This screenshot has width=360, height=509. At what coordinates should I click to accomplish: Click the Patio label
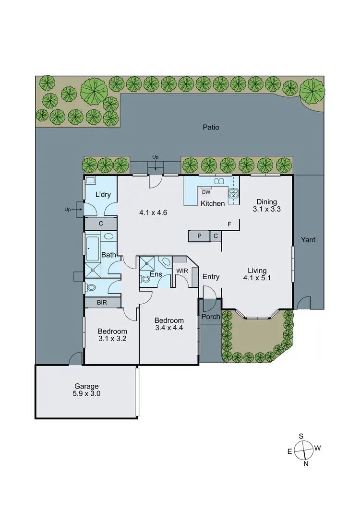click(211, 128)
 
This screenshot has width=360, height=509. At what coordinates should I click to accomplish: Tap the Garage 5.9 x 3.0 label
click(86, 390)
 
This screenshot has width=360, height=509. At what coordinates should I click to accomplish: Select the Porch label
click(210, 317)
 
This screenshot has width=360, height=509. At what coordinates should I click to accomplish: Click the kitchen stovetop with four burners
click(234, 193)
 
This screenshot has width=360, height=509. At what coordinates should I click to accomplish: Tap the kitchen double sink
click(219, 181)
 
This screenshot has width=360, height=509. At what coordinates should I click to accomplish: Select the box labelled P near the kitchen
click(199, 236)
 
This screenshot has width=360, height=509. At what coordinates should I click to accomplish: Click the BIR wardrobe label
click(102, 302)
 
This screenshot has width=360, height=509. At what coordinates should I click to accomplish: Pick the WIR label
click(182, 271)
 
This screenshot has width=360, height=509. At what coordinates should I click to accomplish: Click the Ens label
click(156, 274)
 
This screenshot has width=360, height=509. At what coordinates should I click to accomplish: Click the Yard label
click(308, 239)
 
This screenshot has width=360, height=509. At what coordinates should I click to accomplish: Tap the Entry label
click(211, 277)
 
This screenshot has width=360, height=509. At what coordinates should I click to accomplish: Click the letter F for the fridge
click(229, 224)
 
